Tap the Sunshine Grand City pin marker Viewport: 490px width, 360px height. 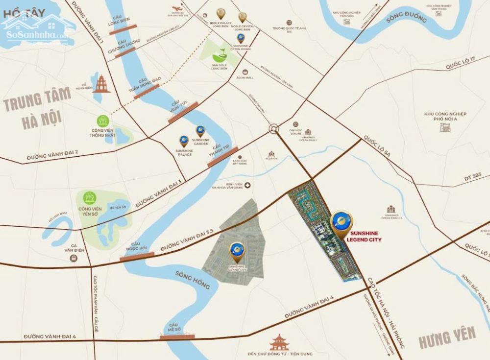[x=238, y=251]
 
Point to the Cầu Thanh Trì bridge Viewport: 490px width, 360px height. [x=222, y=156]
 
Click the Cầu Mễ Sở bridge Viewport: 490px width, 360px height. [x=177, y=336]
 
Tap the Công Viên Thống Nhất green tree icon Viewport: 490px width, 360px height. [x=103, y=120]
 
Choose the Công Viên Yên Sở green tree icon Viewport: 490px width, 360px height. [x=90, y=198]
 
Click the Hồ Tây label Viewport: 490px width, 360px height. [x=20, y=15]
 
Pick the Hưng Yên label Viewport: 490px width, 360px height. [x=447, y=336]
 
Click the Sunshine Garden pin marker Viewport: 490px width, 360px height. [x=200, y=131]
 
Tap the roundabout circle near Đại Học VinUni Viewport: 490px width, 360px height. [x=273, y=129]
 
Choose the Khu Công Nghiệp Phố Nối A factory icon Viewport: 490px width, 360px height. [x=445, y=128]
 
